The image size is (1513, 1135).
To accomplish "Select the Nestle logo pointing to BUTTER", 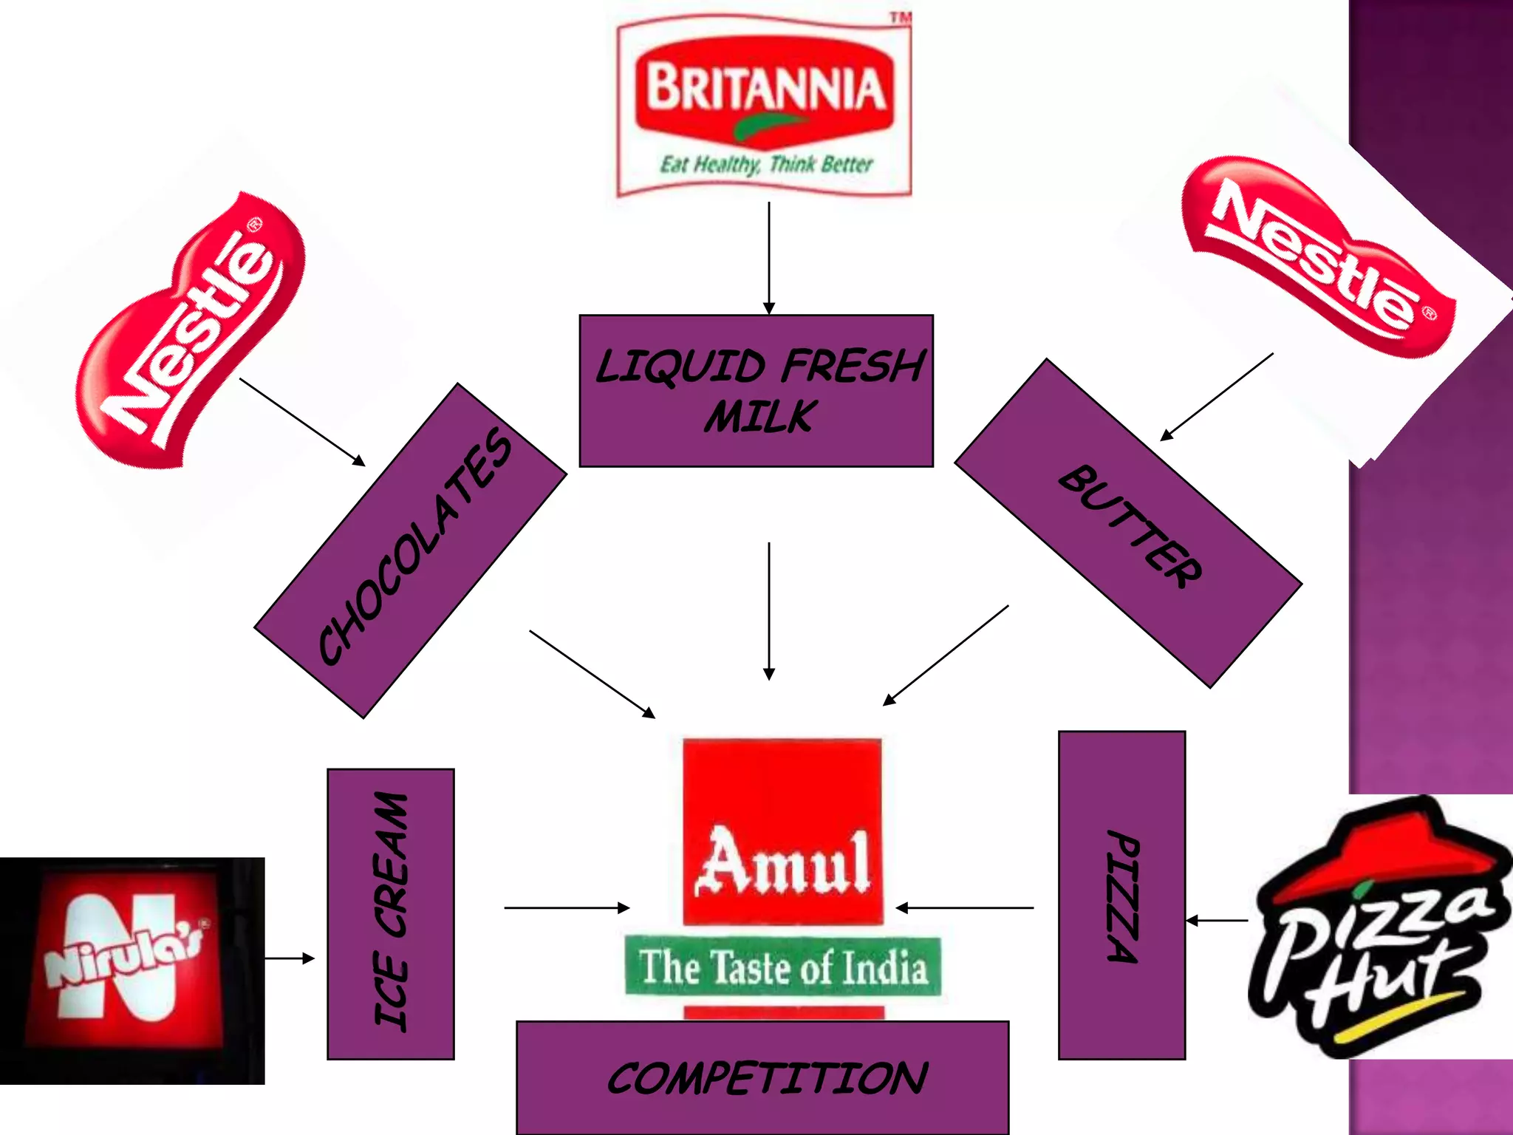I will pyautogui.click(x=1319, y=255).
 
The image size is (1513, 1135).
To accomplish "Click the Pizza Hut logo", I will pyautogui.click(x=1378, y=927).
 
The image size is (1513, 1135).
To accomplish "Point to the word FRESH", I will pyautogui.click(x=853, y=366).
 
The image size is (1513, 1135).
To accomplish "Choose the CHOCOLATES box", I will pyautogui.click(x=411, y=551).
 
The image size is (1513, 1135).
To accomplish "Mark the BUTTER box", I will pyautogui.click(x=1128, y=525).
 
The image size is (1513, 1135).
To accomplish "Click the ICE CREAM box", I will pyautogui.click(x=391, y=913).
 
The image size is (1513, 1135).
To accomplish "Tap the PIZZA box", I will pyautogui.click(x=1121, y=896).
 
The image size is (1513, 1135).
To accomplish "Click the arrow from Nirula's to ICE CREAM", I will pyautogui.click(x=290, y=958).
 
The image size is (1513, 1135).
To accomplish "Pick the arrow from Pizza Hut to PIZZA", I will pyautogui.click(x=1217, y=921).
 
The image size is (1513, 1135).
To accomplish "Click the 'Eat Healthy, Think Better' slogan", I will pyautogui.click(x=766, y=164).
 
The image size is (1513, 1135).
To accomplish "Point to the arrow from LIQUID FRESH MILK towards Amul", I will pyautogui.click(x=769, y=610).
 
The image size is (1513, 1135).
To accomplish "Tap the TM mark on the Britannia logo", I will pyautogui.click(x=900, y=17).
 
